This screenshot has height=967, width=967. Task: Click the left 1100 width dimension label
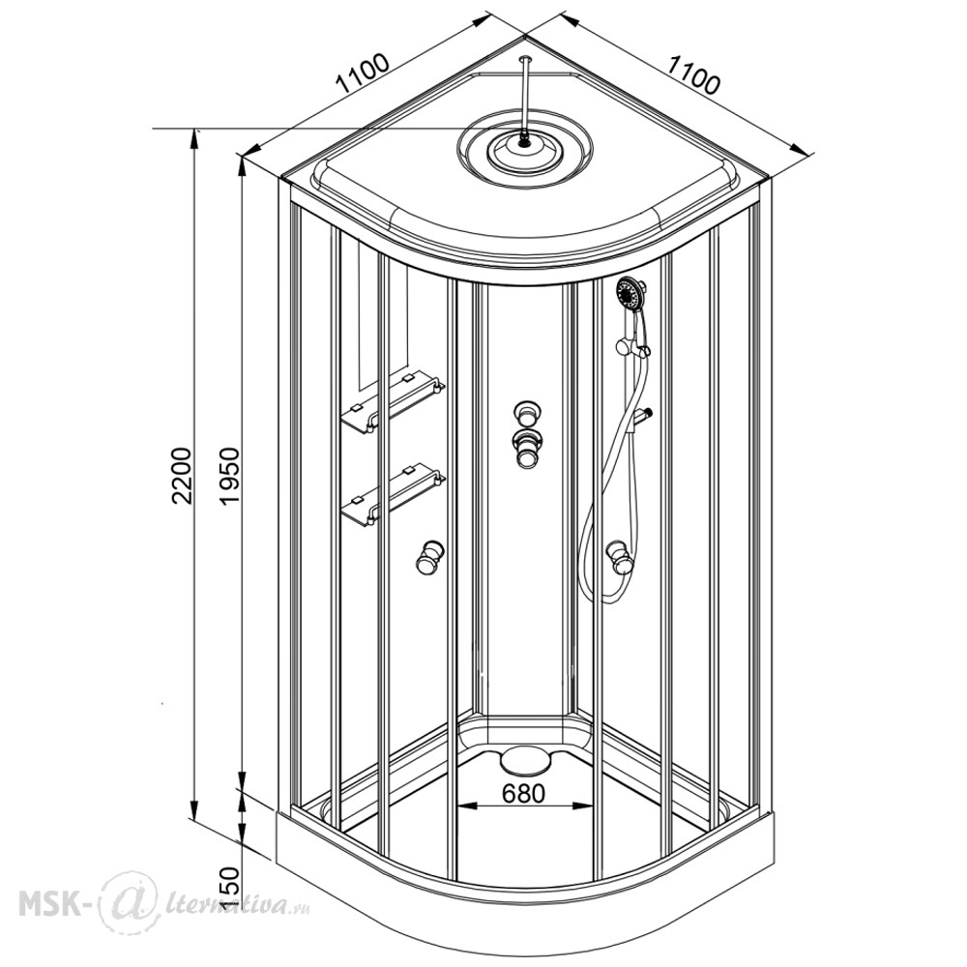pyautogui.click(x=363, y=74)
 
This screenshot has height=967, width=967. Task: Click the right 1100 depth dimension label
pyautogui.click(x=694, y=74)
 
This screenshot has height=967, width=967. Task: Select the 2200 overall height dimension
pyautogui.click(x=183, y=476)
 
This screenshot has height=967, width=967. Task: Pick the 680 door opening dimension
pyautogui.click(x=523, y=793)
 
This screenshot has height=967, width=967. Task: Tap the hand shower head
pyautogui.click(x=630, y=293)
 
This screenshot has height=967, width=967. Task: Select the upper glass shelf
pyautogui.click(x=393, y=402)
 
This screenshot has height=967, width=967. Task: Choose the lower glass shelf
pyautogui.click(x=393, y=494)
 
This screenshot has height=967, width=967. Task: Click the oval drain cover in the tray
pyautogui.click(x=523, y=759)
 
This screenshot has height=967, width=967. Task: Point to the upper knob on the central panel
pyautogui.click(x=526, y=413)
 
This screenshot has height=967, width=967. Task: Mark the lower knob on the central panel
pyautogui.click(x=526, y=449)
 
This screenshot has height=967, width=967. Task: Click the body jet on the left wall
pyautogui.click(x=428, y=557)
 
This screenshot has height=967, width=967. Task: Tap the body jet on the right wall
pyautogui.click(x=619, y=557)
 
